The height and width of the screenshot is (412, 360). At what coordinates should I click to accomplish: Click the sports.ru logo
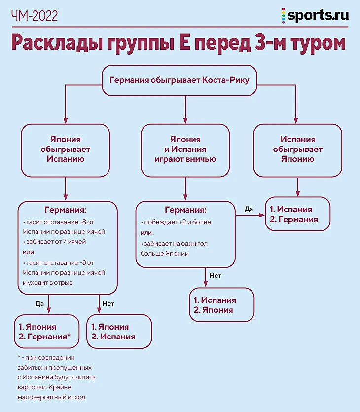tap(316, 15)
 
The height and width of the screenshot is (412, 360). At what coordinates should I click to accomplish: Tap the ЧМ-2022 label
tap(34, 16)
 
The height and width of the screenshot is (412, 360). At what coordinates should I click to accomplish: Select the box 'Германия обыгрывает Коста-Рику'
tap(180, 80)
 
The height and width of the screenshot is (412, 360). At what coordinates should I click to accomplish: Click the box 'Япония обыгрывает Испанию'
tap(65, 150)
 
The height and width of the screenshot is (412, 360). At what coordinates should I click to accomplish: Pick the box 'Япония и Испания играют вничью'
tap(185, 150)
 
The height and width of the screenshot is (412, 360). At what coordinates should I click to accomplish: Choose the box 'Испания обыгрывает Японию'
tap(297, 150)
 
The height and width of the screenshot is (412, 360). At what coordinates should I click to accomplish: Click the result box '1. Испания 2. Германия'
tap(297, 214)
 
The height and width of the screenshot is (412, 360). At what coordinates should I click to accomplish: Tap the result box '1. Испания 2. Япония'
tap(221, 305)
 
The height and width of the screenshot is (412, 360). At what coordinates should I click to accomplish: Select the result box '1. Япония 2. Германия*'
tap(47, 332)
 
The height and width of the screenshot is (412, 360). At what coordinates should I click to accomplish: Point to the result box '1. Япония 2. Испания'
tap(119, 332)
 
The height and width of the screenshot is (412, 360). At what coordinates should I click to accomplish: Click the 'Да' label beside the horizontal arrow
tap(249, 209)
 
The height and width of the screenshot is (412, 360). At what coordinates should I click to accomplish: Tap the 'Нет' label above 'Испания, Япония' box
tap(215, 275)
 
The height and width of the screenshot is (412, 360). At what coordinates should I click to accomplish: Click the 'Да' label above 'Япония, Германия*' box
tap(40, 304)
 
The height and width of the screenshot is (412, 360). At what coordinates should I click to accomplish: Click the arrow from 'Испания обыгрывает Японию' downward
tap(297, 187)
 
